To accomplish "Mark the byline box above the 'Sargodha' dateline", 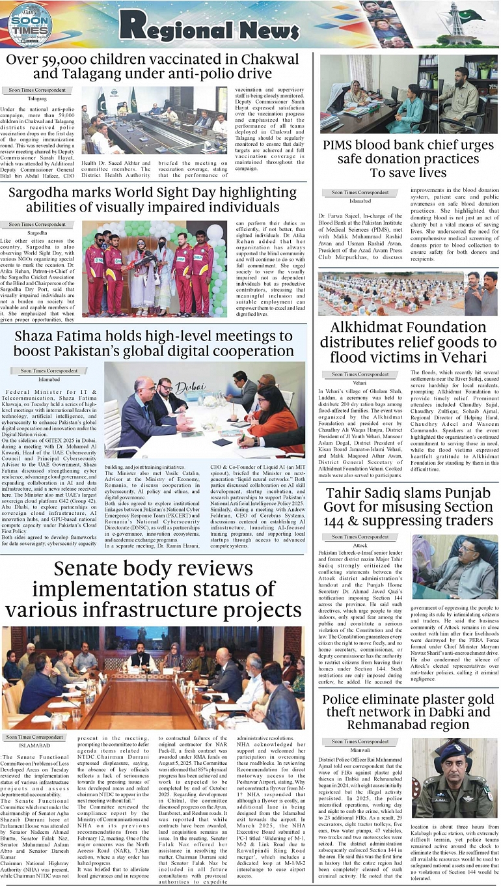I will (37, 225).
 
